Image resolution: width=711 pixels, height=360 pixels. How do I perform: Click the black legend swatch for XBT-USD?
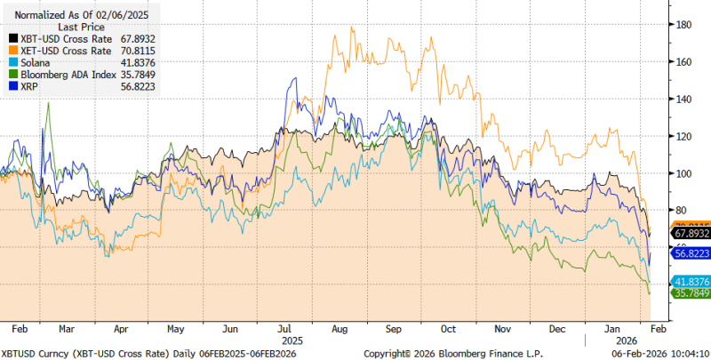11,39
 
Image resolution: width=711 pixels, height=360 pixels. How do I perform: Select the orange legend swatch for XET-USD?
11,51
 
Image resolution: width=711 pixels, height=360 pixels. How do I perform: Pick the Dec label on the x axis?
556,327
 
